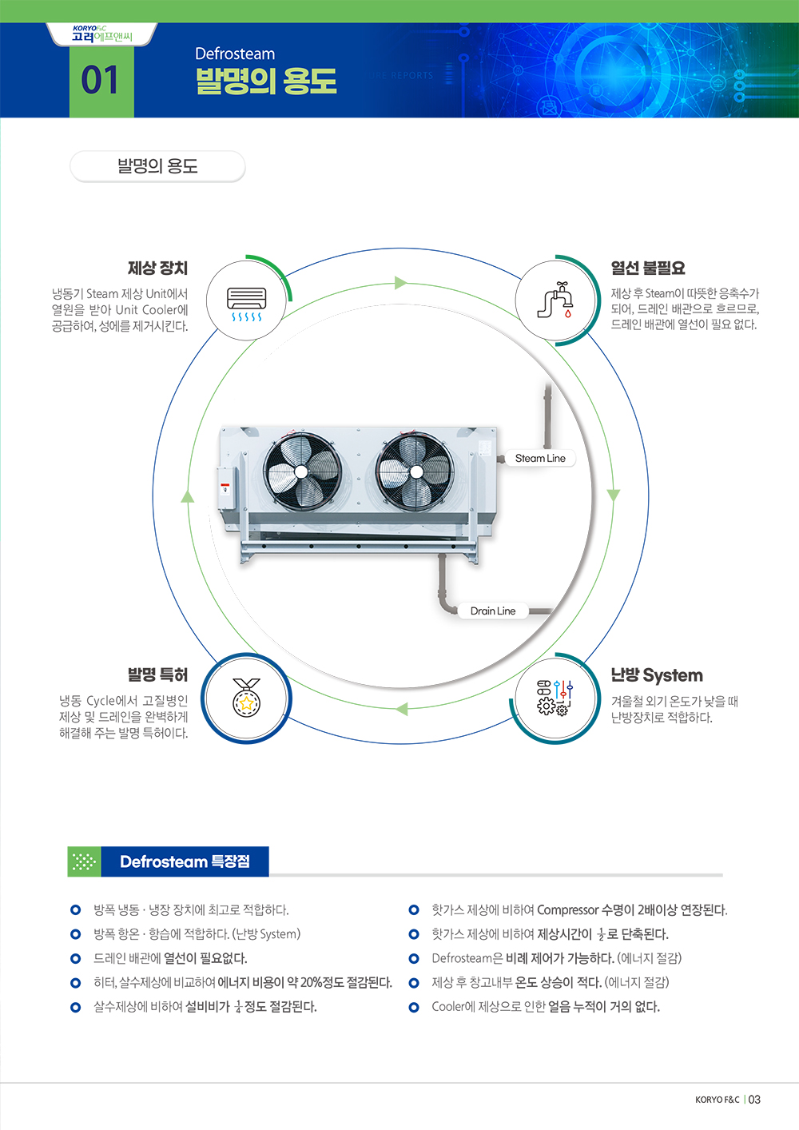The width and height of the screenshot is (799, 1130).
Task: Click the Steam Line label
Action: [540, 458]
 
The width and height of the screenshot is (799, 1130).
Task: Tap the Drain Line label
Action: [493, 611]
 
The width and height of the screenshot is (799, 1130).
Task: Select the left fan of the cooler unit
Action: [302, 471]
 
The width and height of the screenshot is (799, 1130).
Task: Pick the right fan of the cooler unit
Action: [415, 471]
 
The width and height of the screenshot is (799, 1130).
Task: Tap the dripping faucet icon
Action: [556, 300]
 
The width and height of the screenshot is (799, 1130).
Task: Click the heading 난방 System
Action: [657, 675]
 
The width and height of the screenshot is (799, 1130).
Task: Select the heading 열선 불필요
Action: [648, 268]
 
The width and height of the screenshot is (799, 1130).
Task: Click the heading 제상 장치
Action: [157, 268]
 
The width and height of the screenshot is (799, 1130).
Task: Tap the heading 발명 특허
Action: [157, 674]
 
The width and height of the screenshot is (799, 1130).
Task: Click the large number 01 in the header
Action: [100, 81]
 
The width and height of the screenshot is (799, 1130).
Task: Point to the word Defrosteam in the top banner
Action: [235, 54]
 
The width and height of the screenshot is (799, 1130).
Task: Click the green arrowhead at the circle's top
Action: [400, 283]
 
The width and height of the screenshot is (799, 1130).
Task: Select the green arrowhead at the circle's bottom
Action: [401, 709]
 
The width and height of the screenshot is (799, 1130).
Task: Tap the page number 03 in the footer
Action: [754, 1100]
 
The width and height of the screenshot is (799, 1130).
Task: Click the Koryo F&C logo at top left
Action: [101, 34]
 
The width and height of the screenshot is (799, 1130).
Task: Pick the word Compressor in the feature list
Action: [567, 909]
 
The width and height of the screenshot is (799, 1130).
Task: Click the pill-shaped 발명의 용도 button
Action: [157, 166]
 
